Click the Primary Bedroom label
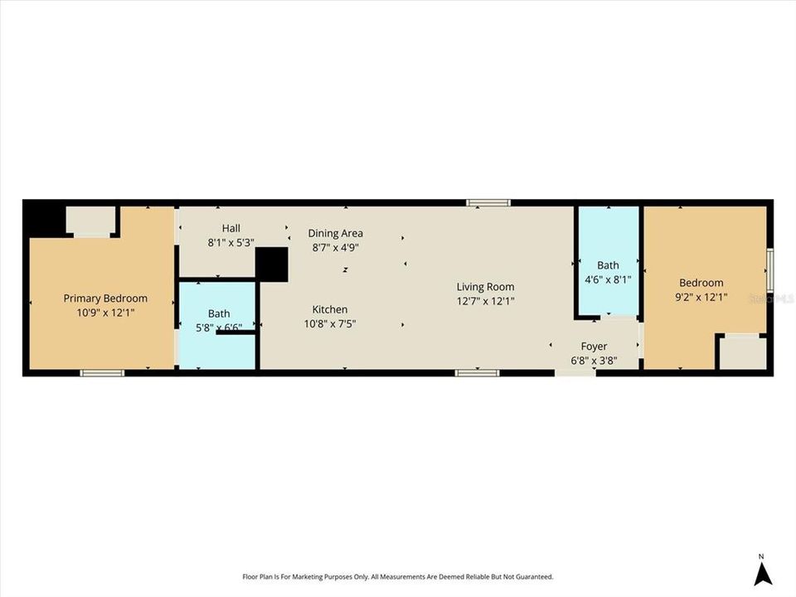point(105,298)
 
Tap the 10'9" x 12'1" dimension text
point(105,313)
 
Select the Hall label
point(231,228)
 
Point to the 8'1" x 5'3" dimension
point(231,243)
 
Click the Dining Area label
point(335,233)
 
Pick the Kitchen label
point(329,309)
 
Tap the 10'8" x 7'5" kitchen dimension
point(329,324)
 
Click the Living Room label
point(485,287)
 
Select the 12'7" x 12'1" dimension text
point(485,301)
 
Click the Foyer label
point(594,346)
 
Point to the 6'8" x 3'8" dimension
point(594,360)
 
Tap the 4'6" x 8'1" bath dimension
point(609,279)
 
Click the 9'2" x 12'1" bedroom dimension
point(701,297)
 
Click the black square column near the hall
point(271,265)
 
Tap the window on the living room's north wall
point(488,202)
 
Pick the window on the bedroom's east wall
point(769,270)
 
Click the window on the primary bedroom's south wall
point(102,373)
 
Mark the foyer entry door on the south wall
point(575,373)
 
